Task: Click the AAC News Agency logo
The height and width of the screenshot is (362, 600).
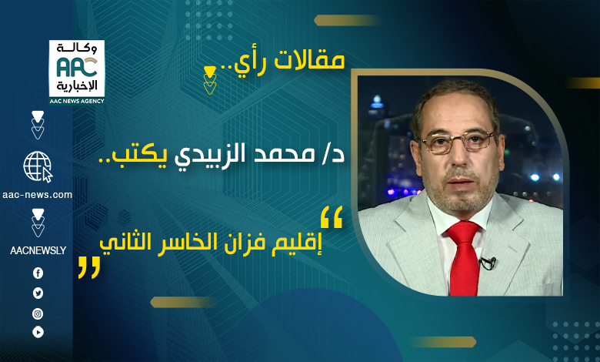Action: (76, 72)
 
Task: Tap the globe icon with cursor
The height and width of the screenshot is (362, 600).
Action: (38, 166)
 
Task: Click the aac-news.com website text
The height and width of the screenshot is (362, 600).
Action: (37, 195)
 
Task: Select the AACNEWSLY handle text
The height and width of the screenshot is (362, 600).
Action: (38, 250)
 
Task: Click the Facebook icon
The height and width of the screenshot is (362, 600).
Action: (38, 273)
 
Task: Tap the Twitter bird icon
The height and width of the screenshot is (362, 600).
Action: (38, 293)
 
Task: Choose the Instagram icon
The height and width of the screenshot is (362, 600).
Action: (38, 314)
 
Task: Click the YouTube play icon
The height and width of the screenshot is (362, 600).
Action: (38, 332)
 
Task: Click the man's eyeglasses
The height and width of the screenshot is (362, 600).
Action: (457, 141)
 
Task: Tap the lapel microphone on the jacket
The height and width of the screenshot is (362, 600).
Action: (488, 263)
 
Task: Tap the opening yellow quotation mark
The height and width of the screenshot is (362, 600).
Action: (332, 217)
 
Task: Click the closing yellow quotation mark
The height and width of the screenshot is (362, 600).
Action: (89, 267)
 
